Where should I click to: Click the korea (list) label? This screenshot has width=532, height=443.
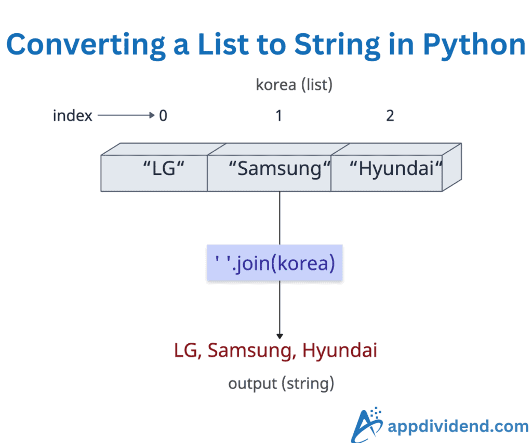294,85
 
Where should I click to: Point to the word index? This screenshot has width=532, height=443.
72,115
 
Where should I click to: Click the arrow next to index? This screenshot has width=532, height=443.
126,115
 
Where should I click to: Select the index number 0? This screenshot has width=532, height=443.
163,115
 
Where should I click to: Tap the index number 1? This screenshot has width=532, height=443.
279,115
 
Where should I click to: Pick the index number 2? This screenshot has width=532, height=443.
390,115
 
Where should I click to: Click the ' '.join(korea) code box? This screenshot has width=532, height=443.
274,263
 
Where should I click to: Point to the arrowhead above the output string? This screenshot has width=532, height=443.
280,336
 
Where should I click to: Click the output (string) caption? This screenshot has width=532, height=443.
281,384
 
